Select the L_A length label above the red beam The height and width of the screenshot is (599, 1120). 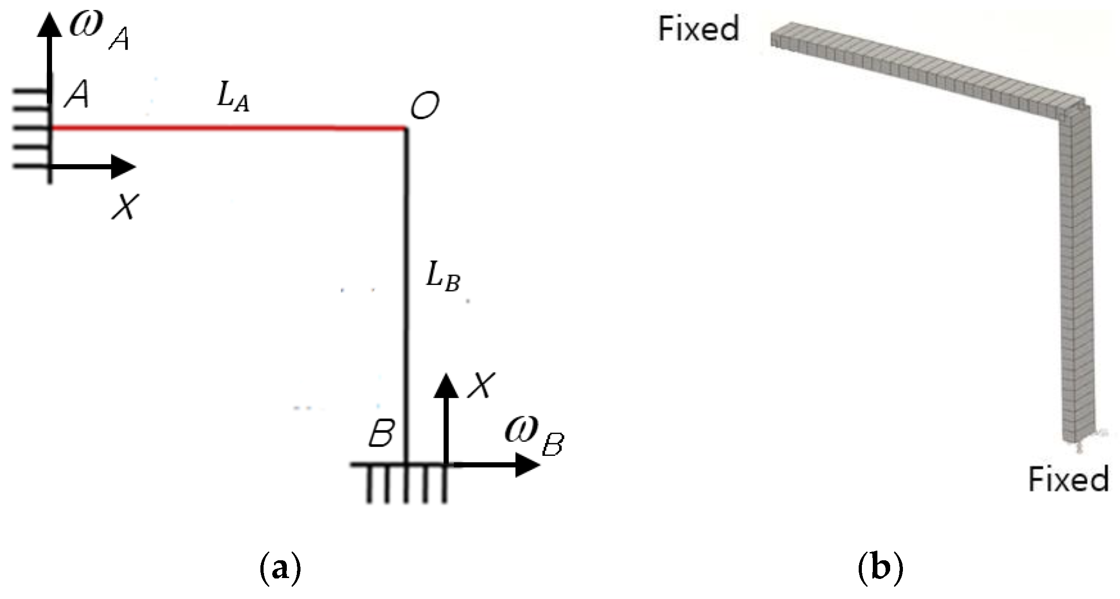click(233, 98)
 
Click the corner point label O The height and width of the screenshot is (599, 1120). click(424, 105)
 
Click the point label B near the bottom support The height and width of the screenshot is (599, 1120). click(381, 433)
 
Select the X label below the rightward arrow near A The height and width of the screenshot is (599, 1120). click(125, 207)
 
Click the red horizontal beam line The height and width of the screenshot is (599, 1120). click(228, 128)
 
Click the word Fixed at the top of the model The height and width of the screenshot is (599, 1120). click(698, 28)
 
